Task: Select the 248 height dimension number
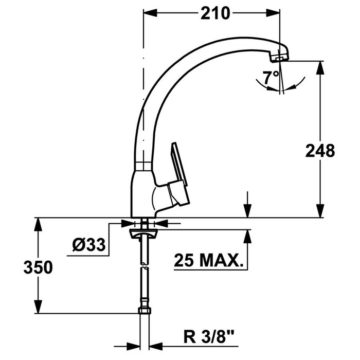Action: [320, 151]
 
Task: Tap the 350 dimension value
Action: [38, 267]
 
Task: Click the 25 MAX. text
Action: [208, 260]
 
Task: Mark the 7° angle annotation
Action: [271, 78]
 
